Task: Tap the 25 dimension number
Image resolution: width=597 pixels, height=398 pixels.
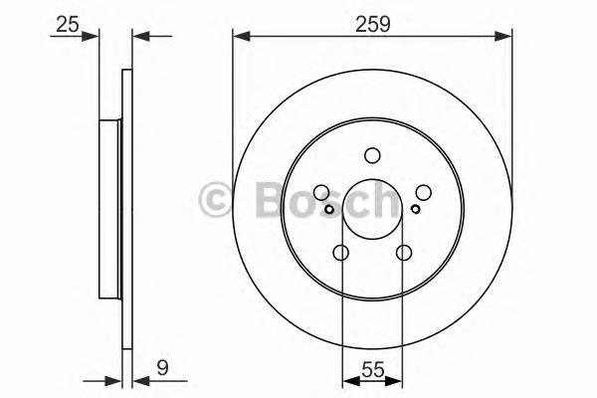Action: click(x=68, y=21)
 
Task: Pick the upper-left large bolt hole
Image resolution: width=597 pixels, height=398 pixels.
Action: click(x=321, y=193)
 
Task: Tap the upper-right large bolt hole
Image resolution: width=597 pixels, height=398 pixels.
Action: click(x=422, y=193)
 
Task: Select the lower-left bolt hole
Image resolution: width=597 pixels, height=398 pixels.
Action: click(x=340, y=253)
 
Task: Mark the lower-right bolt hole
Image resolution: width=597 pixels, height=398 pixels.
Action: click(x=403, y=253)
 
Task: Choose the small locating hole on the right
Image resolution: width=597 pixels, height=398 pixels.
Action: click(x=415, y=208)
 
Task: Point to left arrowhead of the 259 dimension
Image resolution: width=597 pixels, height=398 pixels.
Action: click(x=239, y=37)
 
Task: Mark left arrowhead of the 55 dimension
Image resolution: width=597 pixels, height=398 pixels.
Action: click(x=346, y=380)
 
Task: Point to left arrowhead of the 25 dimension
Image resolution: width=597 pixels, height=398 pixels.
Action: click(x=96, y=37)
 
